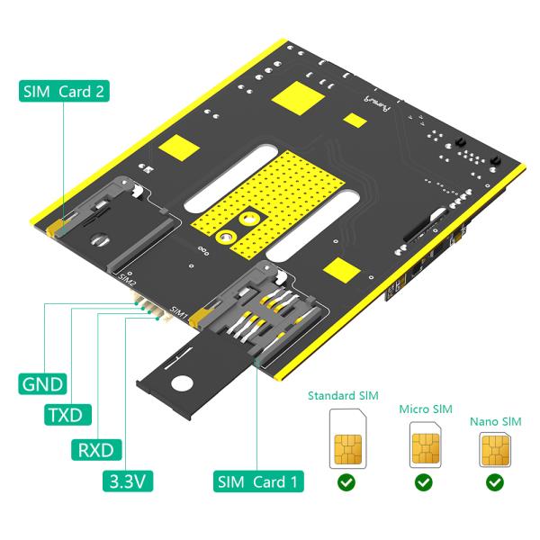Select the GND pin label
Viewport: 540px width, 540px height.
40,385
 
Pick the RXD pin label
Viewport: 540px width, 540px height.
96,447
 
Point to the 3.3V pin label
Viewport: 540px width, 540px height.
125,481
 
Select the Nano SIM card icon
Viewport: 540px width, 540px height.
495,448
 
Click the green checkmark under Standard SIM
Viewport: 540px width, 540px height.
344,483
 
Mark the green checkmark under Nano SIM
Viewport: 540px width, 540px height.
495,483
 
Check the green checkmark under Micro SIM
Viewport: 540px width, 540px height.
424,483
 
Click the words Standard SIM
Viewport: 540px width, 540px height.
344,394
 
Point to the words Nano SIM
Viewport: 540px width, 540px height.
495,421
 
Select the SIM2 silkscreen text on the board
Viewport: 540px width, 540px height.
127,277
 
